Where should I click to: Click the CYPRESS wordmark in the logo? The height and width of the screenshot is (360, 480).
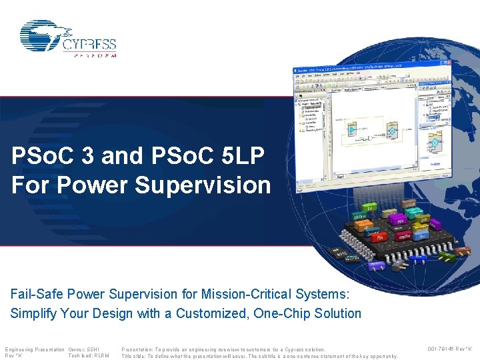(x=90, y=45)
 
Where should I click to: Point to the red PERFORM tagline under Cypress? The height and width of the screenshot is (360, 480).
(x=94, y=55)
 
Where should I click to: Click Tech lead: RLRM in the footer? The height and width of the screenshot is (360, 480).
(x=88, y=356)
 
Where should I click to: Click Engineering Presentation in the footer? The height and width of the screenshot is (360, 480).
(x=35, y=349)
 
